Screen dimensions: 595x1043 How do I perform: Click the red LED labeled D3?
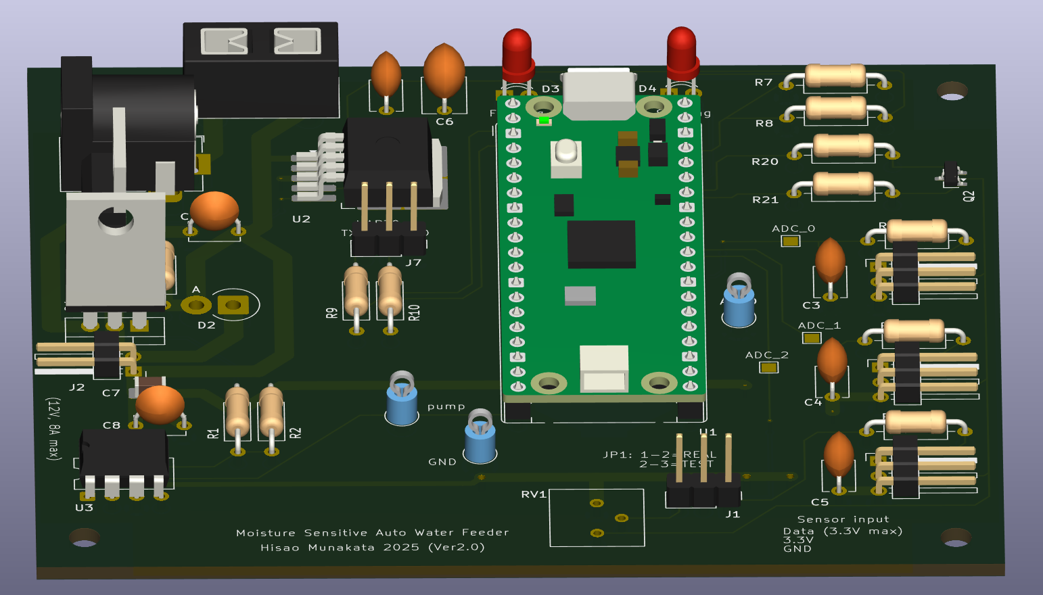[x=517, y=51]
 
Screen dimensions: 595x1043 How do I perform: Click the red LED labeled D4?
[x=681, y=49]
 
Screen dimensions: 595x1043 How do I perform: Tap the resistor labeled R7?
[x=835, y=76]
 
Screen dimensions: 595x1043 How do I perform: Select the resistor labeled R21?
[x=843, y=183]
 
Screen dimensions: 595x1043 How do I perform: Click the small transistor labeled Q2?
[x=952, y=174]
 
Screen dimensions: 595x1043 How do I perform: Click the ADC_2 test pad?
[x=768, y=367]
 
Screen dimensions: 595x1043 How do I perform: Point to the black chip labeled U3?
[x=124, y=452]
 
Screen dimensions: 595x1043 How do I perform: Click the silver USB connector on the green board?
[x=599, y=93]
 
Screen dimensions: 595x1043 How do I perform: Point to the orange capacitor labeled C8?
[x=160, y=404]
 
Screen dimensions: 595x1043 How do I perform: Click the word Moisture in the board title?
[x=266, y=533]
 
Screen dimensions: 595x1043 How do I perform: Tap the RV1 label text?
[x=533, y=494]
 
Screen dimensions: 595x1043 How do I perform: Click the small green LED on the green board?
[x=543, y=121]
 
